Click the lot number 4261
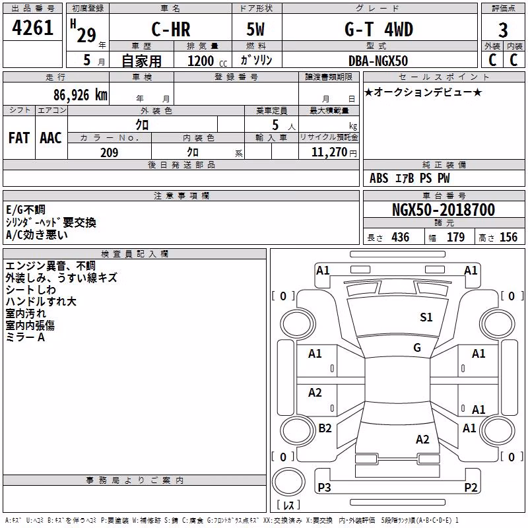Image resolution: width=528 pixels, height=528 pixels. (32, 28)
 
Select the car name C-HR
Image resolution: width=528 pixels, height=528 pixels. (171, 29)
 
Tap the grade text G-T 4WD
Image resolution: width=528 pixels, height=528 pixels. (379, 29)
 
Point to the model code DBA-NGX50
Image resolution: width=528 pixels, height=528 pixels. (378, 61)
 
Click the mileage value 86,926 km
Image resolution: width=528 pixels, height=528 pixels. (80, 95)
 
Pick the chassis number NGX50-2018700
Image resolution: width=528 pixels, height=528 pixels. (444, 210)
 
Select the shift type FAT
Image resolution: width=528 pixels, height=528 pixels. (19, 138)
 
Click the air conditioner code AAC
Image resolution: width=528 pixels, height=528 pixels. (51, 138)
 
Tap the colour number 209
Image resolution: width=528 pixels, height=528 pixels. (109, 152)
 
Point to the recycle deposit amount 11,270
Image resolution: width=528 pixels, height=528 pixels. (329, 152)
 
